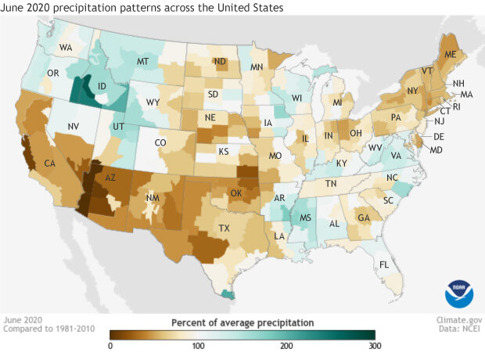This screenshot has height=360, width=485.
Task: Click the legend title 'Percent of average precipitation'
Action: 242,322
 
